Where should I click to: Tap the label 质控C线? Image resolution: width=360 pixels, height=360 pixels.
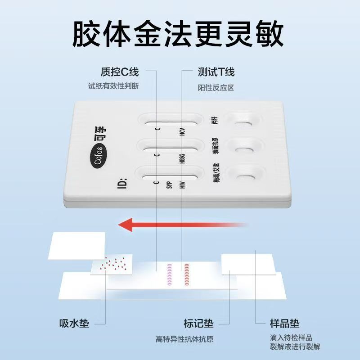click(119, 72)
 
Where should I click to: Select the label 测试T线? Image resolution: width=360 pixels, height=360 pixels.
click(216, 72)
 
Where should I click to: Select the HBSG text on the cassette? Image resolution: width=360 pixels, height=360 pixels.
click(183, 159)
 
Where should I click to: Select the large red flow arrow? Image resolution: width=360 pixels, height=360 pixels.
click(180, 224)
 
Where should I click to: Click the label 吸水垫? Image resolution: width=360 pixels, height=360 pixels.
click(74, 323)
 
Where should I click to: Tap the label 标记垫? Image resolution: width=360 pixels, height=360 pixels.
click(198, 323)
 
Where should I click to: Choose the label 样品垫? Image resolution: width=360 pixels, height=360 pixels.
click(284, 323)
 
